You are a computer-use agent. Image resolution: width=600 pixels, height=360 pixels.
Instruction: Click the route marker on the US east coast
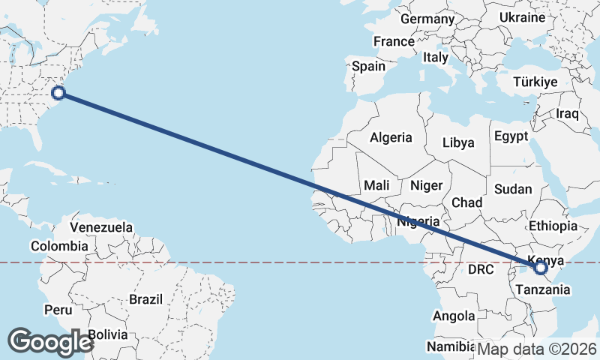58,93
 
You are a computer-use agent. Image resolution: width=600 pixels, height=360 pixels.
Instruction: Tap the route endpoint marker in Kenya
540,266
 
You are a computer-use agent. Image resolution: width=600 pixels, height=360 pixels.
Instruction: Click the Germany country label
428,19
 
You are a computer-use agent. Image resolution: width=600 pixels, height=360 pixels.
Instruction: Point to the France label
394,41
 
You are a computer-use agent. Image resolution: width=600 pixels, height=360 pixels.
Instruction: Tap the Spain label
369,66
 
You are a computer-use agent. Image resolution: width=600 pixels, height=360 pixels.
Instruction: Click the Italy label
436,57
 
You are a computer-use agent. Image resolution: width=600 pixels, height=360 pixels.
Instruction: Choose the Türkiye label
535,82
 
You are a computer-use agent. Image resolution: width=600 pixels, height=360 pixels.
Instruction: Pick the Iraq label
568,114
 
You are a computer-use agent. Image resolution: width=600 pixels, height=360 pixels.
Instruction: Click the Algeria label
391,137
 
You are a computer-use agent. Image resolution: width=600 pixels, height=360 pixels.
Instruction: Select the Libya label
458,142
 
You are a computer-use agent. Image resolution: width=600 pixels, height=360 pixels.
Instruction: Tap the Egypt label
511,136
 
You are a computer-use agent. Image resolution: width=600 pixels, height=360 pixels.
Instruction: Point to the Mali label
376,184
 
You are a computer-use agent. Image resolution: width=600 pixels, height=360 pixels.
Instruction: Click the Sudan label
513,189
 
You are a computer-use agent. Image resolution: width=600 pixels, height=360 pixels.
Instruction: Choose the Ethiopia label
553,226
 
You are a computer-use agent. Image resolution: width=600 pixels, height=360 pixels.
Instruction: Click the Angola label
454,316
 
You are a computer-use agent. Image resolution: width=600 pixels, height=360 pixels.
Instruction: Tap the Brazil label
145,298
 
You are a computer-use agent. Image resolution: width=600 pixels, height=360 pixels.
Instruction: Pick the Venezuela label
101,226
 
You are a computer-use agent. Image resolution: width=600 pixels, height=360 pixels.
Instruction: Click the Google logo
50,341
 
